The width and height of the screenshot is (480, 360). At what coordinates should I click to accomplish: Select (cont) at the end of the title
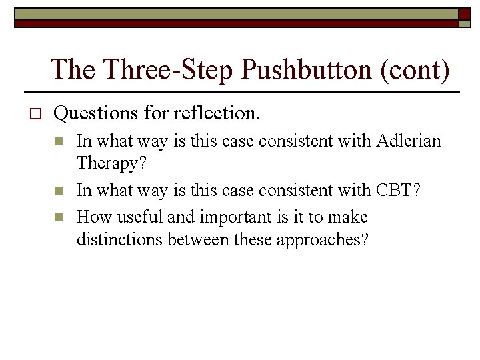coord(414,69)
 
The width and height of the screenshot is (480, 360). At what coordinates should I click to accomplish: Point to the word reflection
coord(217,113)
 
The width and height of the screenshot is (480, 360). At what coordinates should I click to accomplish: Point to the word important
coord(228,217)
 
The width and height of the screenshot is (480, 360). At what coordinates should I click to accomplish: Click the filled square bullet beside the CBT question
coord(59,190)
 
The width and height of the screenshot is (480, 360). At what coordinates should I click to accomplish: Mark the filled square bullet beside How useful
coord(59,217)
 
